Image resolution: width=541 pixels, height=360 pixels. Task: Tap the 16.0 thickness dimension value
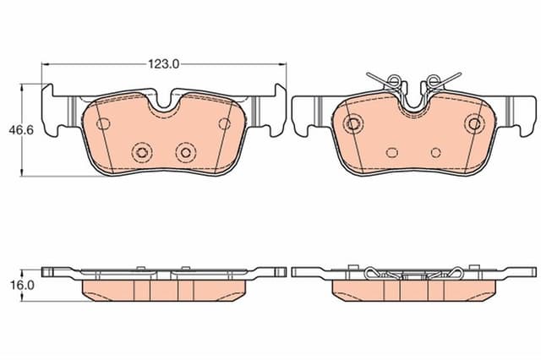(x=23, y=286)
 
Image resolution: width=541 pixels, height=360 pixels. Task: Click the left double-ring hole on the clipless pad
(x=141, y=152)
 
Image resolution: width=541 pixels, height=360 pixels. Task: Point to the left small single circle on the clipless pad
(x=103, y=123)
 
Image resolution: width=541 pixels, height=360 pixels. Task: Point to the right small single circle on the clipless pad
(x=224, y=123)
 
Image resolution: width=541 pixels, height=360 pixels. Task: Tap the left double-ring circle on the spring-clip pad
(x=352, y=123)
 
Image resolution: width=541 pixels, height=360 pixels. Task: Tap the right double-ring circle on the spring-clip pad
(x=474, y=123)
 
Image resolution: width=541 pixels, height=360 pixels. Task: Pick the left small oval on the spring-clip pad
(x=391, y=153)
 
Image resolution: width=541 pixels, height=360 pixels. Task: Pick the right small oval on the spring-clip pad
(x=436, y=153)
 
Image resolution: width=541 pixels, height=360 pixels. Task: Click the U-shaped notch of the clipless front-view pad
(x=164, y=103)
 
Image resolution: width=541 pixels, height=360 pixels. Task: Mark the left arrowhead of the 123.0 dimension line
(x=45, y=63)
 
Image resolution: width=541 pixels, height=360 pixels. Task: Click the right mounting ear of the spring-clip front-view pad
(x=516, y=110)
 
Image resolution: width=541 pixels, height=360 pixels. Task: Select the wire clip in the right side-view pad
(x=414, y=273)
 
